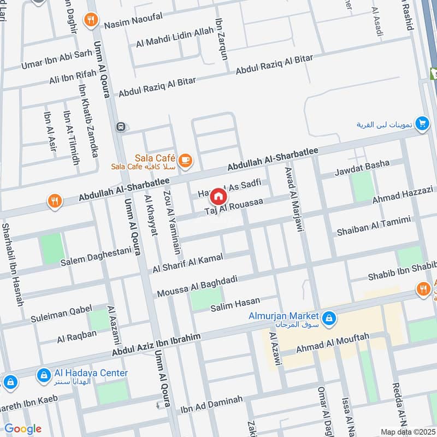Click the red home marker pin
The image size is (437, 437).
(218, 196)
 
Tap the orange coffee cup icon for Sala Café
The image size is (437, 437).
(186, 160)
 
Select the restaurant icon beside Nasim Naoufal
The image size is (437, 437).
(91, 21)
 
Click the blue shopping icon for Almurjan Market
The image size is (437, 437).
(329, 317)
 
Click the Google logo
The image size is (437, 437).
(22, 428)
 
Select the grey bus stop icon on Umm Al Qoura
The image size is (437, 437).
(120, 127)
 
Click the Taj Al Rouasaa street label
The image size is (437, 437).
(234, 206)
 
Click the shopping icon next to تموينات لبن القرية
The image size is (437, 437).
(421, 124)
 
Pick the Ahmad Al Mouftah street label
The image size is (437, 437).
(333, 344)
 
